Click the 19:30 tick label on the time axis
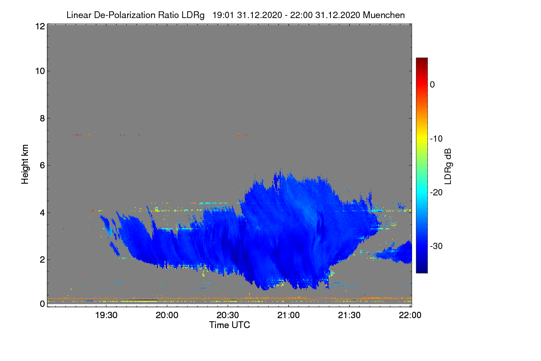pos(106,315)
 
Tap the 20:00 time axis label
pos(167,315)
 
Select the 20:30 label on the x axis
pos(228,315)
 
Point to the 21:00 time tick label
pos(289,315)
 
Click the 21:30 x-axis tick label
pos(349,315)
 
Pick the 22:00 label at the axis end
pos(410,315)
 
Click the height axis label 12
pos(40,26)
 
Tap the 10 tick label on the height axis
pos(40,71)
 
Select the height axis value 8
pos(42,119)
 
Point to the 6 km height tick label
pos(42,166)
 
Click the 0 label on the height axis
pos(42,304)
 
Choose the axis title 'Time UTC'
pos(229,325)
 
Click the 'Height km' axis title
pos(25,164)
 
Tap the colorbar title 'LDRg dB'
pos(448,167)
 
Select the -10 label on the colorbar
pos(436,139)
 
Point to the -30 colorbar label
pos(436,246)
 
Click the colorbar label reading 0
pos(432,85)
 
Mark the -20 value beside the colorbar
pos(436,193)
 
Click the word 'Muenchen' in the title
pos(384,15)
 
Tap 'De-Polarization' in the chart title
pos(124,15)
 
